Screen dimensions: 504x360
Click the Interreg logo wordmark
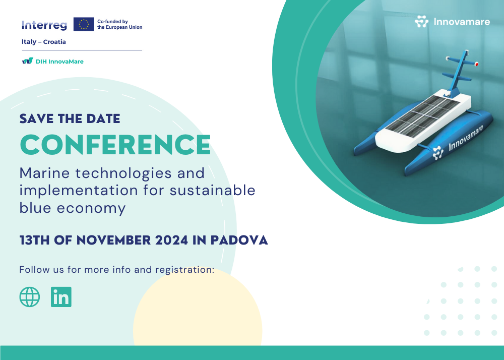point(44,25)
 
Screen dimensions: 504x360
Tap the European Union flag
point(84,24)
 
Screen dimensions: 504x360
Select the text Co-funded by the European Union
point(119,24)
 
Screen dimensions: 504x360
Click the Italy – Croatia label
point(44,42)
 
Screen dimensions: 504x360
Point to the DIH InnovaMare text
point(59,62)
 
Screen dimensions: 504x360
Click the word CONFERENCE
point(115,145)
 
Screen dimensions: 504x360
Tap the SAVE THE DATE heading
point(70,118)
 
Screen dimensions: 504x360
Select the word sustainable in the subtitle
point(213,190)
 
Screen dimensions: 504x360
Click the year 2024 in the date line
point(171,240)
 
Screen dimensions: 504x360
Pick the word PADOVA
point(239,240)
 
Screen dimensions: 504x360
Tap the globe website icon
point(30,296)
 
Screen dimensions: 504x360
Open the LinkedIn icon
point(61,296)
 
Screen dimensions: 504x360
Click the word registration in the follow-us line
point(184,270)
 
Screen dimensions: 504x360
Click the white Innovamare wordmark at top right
point(462,22)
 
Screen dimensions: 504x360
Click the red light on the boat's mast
point(477,64)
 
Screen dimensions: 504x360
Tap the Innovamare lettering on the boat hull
point(466,138)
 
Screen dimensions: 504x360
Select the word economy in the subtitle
point(91,208)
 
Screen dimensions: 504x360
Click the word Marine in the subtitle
point(45,173)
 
